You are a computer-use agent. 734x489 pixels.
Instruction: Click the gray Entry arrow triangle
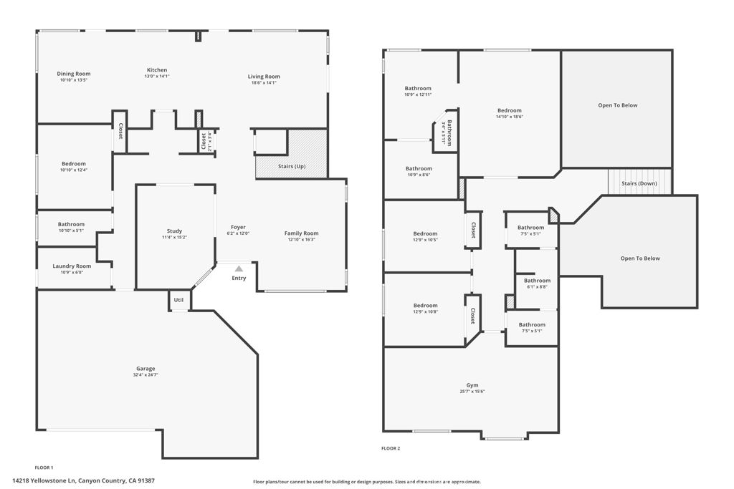pyautogui.click(x=239, y=268)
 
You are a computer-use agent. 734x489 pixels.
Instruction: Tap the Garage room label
pyautogui.click(x=146, y=369)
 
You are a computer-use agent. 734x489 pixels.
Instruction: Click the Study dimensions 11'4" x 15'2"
pyautogui.click(x=174, y=237)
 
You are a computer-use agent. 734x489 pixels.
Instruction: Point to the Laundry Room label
pyautogui.click(x=72, y=266)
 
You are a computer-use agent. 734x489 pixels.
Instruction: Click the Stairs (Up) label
pyautogui.click(x=292, y=166)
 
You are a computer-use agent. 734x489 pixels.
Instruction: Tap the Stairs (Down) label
pyautogui.click(x=639, y=183)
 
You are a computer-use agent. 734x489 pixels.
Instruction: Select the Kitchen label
pyautogui.click(x=157, y=70)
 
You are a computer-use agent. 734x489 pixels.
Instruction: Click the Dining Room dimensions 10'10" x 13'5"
pyautogui.click(x=74, y=80)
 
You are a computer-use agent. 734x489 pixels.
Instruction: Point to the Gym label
pyautogui.click(x=472, y=384)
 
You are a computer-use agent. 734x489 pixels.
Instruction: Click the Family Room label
pyautogui.click(x=301, y=233)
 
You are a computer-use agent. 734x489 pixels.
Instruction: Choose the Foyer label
pyautogui.click(x=238, y=227)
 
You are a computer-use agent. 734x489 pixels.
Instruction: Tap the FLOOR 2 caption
pyautogui.click(x=391, y=448)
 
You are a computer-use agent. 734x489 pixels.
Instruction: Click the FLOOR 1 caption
pyautogui.click(x=44, y=467)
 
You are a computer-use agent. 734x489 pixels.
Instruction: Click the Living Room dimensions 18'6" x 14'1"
pyautogui.click(x=264, y=83)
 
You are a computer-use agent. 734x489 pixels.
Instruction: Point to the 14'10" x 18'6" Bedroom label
pyautogui.click(x=510, y=110)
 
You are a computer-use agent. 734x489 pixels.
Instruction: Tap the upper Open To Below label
pyautogui.click(x=617, y=105)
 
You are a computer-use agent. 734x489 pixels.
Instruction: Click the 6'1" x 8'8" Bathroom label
pyautogui.click(x=537, y=281)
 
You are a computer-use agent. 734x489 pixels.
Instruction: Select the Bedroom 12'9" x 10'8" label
pyautogui.click(x=425, y=305)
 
